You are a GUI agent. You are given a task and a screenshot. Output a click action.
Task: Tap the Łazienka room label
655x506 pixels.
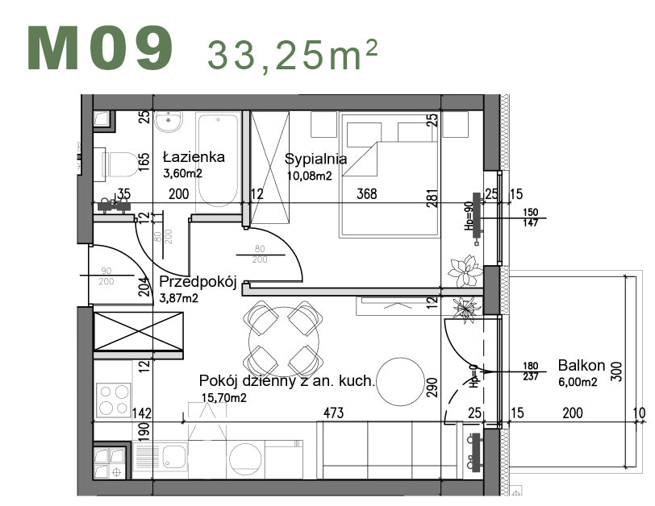[194, 157]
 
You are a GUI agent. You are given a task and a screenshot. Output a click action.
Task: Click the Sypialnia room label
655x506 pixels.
[316, 159]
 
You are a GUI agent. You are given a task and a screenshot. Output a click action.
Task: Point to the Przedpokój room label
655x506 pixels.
[198, 282]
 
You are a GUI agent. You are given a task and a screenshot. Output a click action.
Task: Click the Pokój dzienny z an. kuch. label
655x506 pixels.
[286, 381]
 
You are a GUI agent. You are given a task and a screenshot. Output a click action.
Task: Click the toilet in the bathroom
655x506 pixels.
[113, 166]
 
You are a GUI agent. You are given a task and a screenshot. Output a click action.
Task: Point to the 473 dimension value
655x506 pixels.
[332, 413]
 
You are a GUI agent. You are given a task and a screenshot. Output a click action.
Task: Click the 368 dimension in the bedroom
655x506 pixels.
[367, 194]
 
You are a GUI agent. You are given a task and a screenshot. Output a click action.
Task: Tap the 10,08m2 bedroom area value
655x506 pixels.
[309, 176]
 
